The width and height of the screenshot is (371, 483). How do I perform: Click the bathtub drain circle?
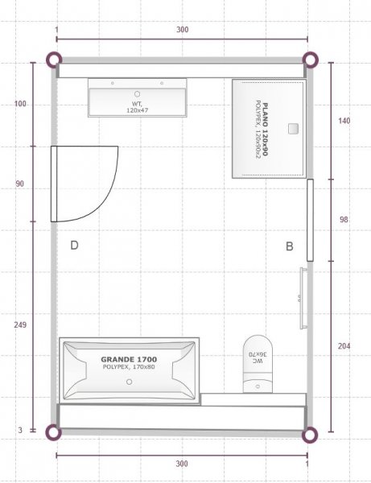pos(130,382)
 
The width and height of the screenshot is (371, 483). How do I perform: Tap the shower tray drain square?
pos(294,129)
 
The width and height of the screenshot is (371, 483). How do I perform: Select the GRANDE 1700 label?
pos(129,359)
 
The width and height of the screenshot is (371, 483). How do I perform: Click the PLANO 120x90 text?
pos(265,130)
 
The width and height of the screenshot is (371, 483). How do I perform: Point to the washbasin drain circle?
pos(138,94)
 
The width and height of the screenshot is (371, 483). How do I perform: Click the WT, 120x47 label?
pos(138,107)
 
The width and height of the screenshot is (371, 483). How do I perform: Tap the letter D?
pos(74,246)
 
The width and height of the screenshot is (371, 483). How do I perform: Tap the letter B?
pos(290,246)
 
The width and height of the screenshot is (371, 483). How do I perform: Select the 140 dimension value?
pos(344,121)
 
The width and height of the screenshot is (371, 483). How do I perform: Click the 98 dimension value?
pos(344,220)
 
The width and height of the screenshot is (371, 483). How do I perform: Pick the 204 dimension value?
pos(344,346)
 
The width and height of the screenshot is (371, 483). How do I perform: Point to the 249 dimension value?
pos(20,324)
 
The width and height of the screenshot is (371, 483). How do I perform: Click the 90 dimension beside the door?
pos(19,184)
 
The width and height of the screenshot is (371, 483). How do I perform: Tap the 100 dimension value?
pos(20,104)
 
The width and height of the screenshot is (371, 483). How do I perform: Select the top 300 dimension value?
pos(182,30)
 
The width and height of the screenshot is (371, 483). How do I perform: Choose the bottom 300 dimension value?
pos(182,464)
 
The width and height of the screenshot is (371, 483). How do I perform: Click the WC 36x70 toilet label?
pos(258,357)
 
